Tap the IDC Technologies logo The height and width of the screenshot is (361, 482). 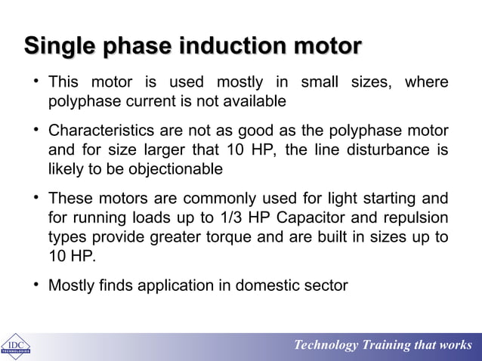pyautogui.click(x=15, y=344)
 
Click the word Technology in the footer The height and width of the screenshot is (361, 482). pyautogui.click(x=326, y=345)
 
